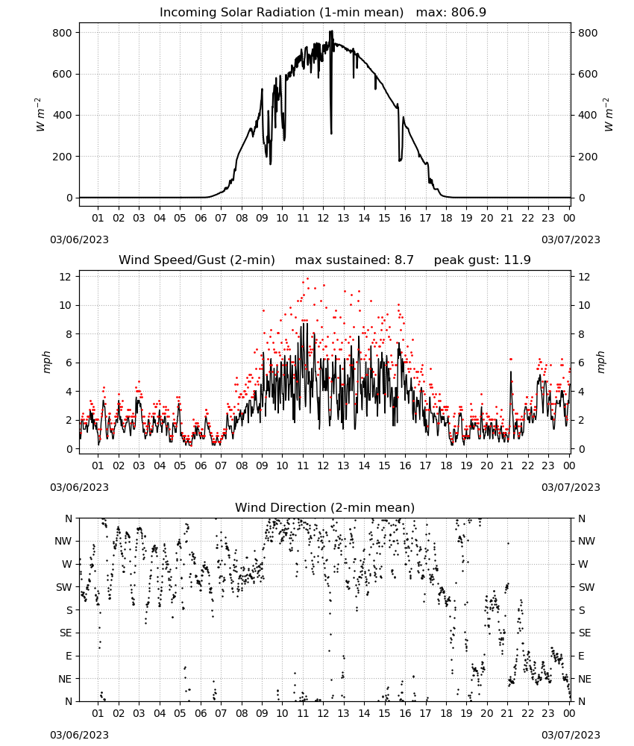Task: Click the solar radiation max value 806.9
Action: (468, 12)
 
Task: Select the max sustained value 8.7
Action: (404, 260)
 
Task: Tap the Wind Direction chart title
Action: (325, 507)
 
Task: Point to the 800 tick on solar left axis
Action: (63, 33)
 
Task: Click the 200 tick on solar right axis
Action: (588, 157)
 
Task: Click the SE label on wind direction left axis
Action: (66, 633)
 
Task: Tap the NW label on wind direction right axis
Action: (586, 541)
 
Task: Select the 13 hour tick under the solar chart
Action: (343, 218)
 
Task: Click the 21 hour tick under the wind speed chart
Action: (507, 466)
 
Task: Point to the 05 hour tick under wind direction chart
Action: (180, 713)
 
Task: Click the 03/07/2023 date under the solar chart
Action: (571, 239)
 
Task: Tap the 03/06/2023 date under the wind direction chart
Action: (79, 735)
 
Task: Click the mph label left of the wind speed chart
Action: (46, 363)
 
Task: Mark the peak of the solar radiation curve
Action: (331, 31)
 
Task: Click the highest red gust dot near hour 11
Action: (307, 279)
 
